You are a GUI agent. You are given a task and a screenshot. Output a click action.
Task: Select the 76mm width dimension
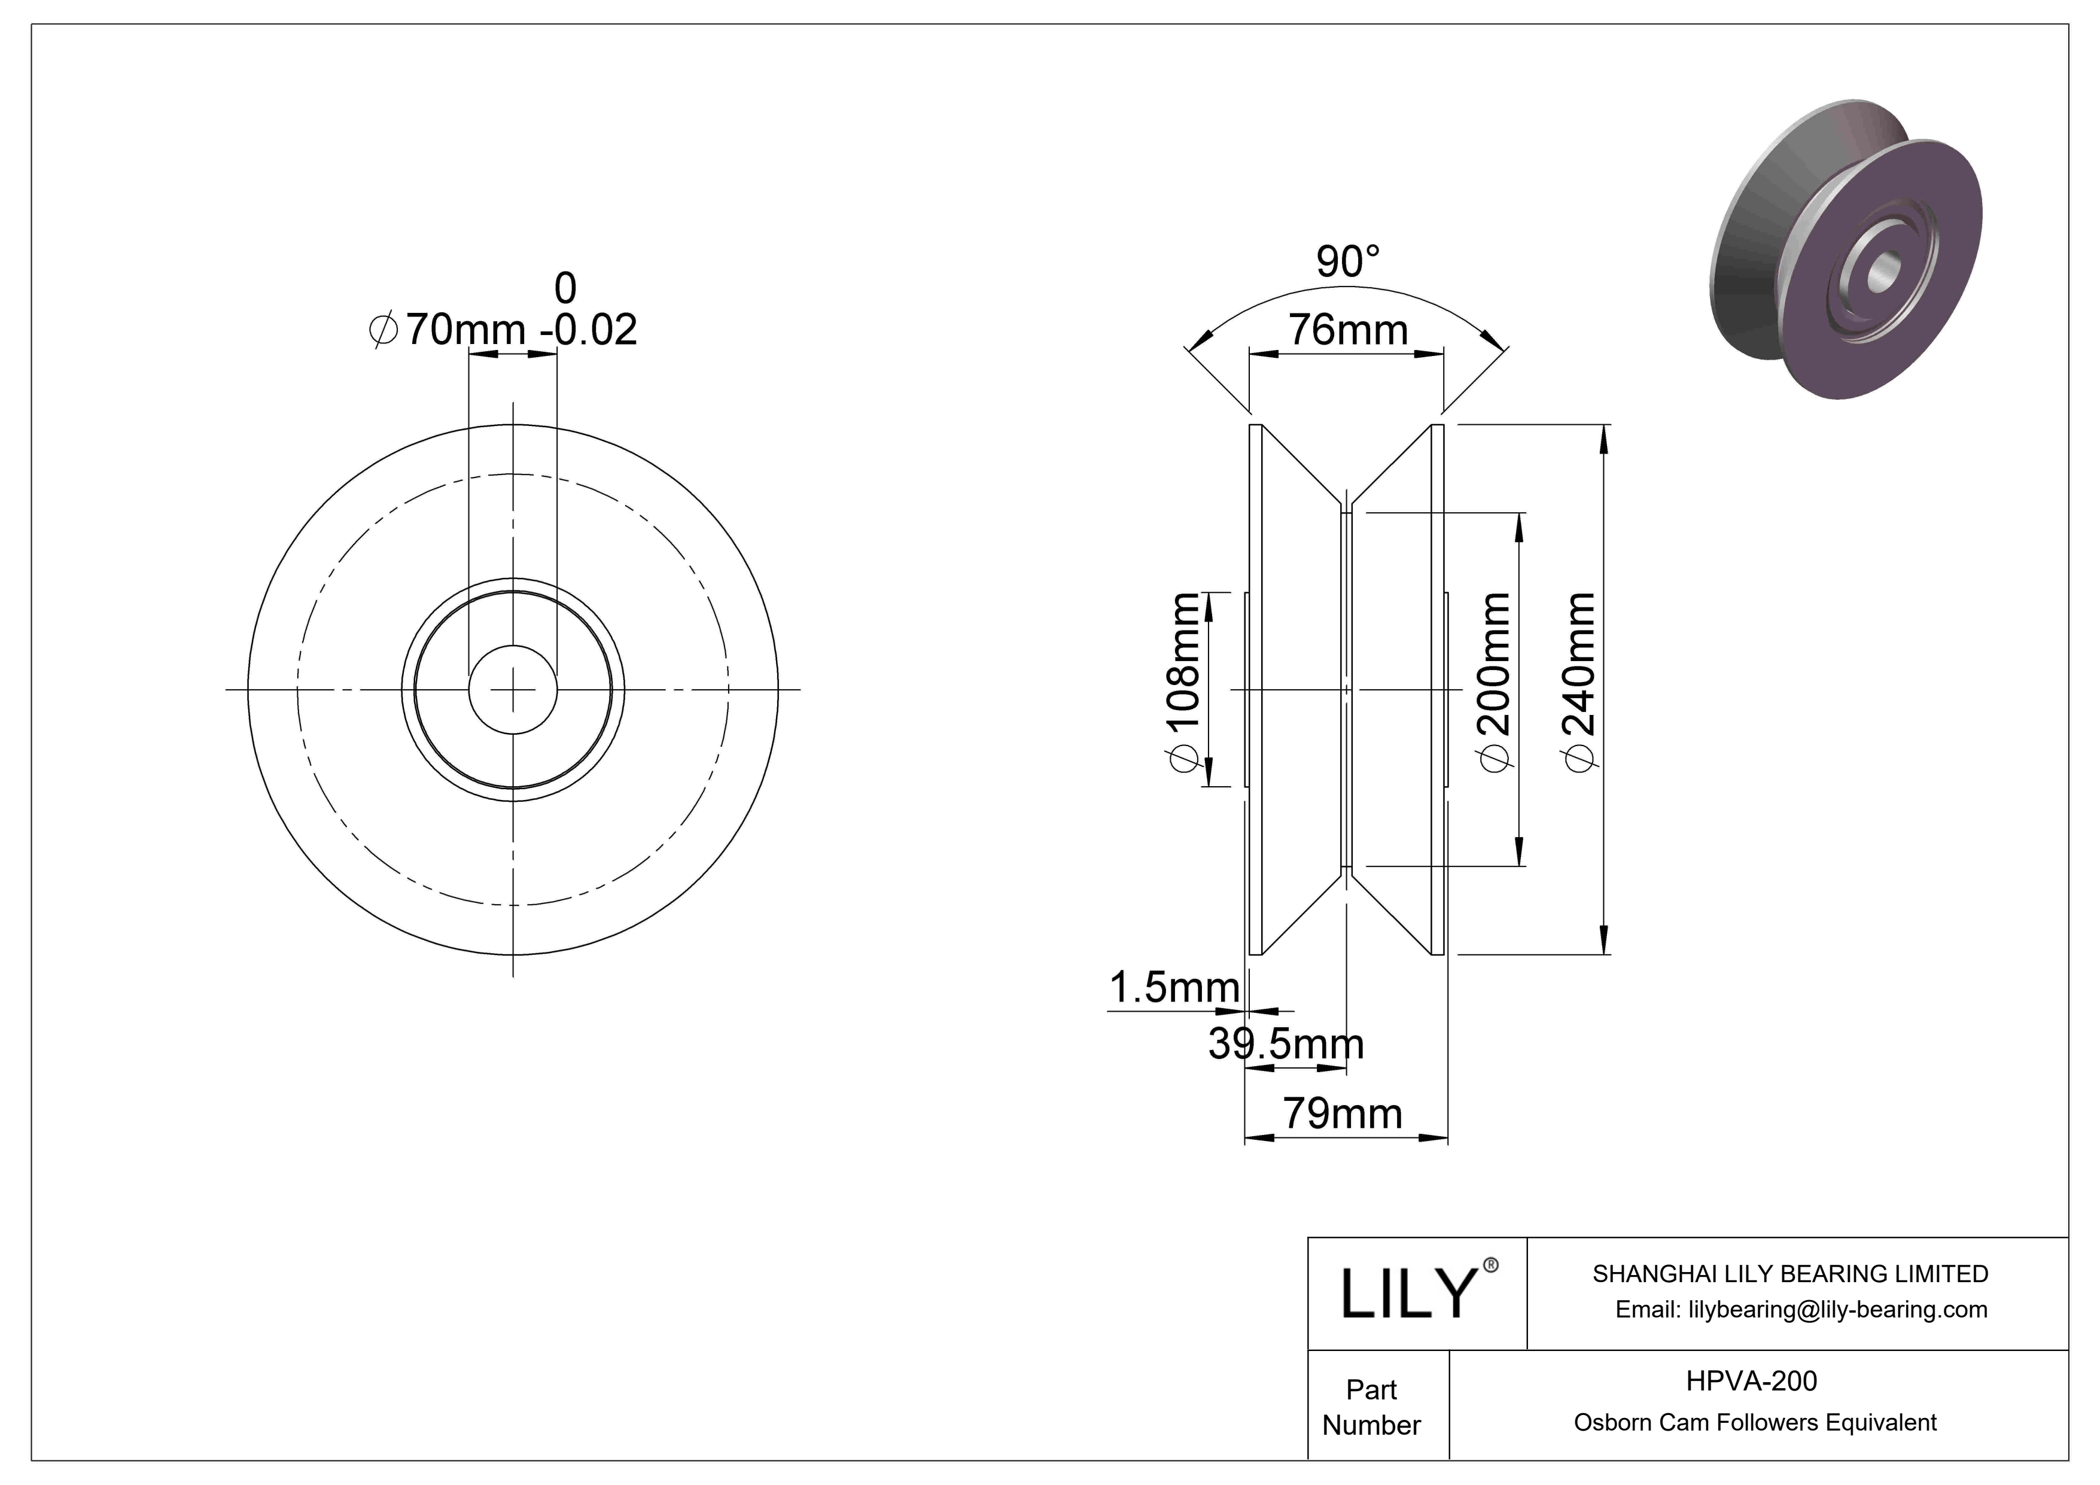(x=1347, y=330)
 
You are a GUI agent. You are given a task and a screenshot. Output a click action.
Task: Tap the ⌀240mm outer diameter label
(x=1581, y=683)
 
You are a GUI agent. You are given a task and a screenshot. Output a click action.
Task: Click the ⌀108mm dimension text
(x=1185, y=683)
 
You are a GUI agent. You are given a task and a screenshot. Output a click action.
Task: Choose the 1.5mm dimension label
(x=1173, y=988)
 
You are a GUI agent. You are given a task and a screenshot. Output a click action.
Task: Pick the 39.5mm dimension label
(x=1285, y=1043)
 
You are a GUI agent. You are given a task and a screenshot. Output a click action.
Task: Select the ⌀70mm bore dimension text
(x=448, y=329)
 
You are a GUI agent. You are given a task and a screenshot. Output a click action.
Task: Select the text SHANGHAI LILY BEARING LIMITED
(x=1790, y=1274)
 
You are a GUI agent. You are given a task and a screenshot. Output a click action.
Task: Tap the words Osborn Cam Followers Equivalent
(x=1754, y=1422)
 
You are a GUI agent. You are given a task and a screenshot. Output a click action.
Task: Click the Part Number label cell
(x=1371, y=1407)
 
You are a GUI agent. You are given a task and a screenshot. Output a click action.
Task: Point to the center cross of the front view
(x=513, y=689)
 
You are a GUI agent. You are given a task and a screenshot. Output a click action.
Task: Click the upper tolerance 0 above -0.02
(x=565, y=289)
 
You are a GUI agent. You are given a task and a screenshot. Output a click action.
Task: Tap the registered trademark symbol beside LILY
(x=1490, y=1265)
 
